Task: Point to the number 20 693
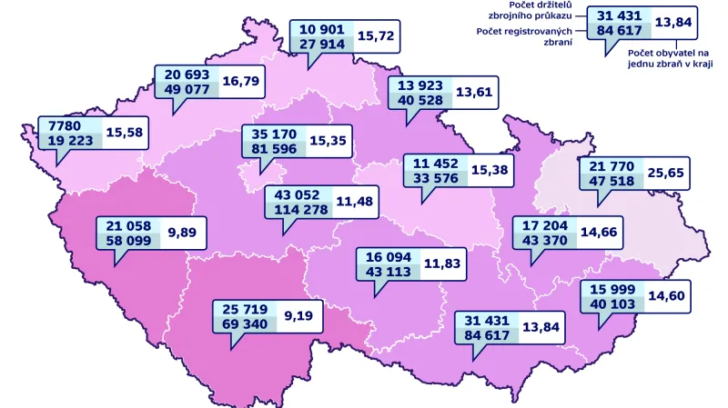pos(188,74)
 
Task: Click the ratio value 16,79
pos(242,81)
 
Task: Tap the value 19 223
pos(71,140)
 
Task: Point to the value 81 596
pos(272,149)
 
